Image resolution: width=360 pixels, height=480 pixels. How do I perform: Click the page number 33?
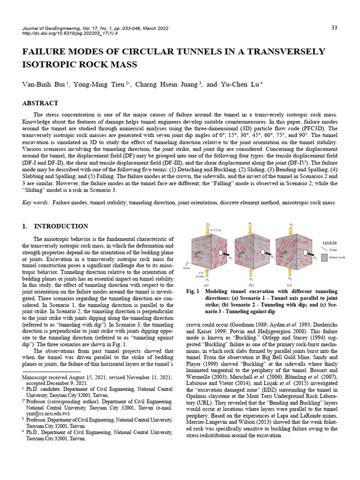[x=334, y=28]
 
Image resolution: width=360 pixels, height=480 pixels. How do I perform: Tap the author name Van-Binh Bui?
[x=44, y=85]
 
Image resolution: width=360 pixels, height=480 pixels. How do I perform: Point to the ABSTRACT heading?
[x=40, y=103]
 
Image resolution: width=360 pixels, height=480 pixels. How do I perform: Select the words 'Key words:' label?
[x=36, y=202]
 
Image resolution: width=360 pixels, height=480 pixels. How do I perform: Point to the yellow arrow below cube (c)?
[x=292, y=273]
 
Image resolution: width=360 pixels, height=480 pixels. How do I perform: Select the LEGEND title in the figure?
[x=330, y=243]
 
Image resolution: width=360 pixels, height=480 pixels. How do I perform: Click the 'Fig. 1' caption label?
[x=193, y=292]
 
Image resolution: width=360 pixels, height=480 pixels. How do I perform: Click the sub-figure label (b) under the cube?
[x=251, y=285]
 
